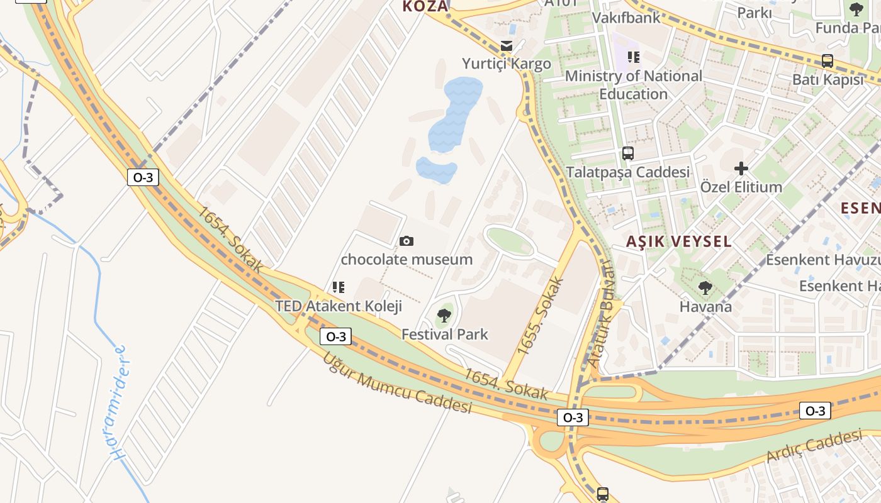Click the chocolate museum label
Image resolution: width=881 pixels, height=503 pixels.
[407, 259]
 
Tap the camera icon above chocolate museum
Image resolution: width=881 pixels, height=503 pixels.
[407, 241]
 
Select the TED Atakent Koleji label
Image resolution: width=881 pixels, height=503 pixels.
[339, 306]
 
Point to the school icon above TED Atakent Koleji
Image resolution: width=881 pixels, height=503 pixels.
[339, 287]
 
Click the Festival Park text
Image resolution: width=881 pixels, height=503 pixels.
[445, 334]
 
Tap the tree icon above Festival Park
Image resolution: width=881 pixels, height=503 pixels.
[444, 316]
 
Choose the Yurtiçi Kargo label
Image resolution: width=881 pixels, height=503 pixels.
[507, 64]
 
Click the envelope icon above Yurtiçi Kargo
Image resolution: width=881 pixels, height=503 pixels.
[506, 45]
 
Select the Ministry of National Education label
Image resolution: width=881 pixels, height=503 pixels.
[634, 85]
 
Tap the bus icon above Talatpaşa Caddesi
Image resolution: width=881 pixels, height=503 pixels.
[627, 153]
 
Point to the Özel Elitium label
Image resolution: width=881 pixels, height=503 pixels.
[741, 187]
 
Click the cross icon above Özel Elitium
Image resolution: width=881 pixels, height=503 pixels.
[741, 168]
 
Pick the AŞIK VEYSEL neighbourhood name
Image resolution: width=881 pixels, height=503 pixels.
[679, 241]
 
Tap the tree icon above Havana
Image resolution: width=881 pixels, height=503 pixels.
[705, 288]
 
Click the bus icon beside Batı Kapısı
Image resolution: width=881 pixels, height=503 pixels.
[828, 61]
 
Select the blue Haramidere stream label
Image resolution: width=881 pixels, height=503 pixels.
[117, 402]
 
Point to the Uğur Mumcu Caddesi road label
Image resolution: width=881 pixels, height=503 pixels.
[397, 383]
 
